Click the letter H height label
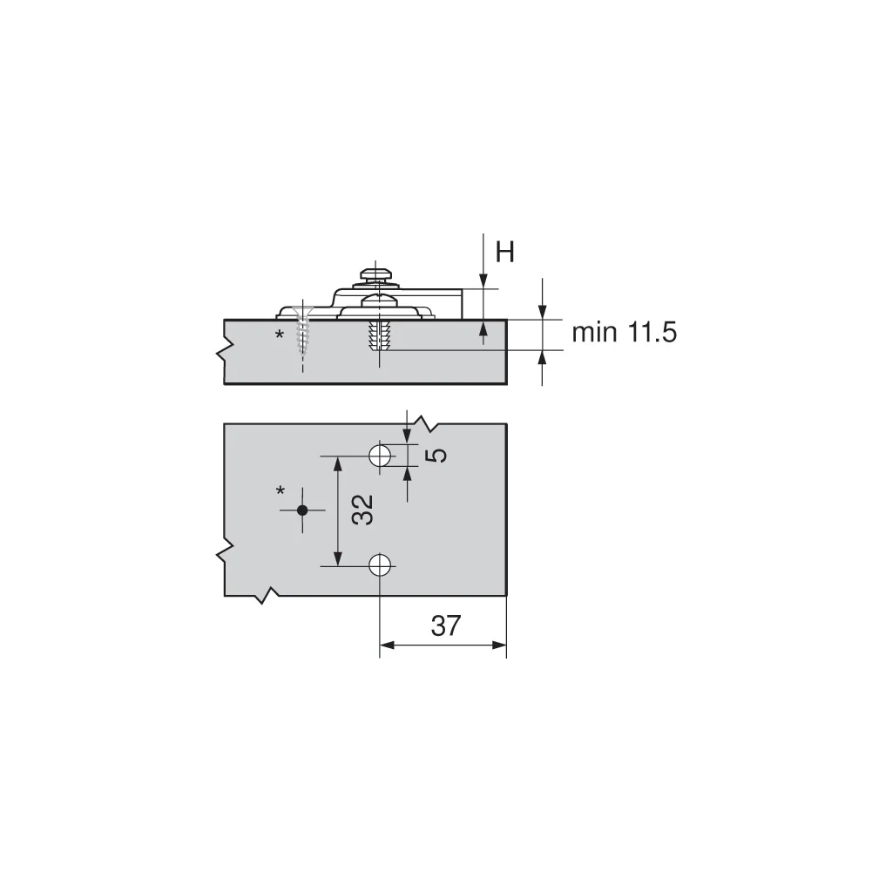click(x=505, y=252)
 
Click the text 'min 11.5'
click(x=624, y=332)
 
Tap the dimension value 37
click(x=445, y=625)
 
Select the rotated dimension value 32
click(x=362, y=510)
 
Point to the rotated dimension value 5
click(x=436, y=455)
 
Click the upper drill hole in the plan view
click(x=380, y=455)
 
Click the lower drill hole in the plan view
click(x=380, y=565)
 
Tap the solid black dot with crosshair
click(x=302, y=510)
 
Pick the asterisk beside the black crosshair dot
click(x=280, y=490)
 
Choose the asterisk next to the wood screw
click(x=279, y=334)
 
